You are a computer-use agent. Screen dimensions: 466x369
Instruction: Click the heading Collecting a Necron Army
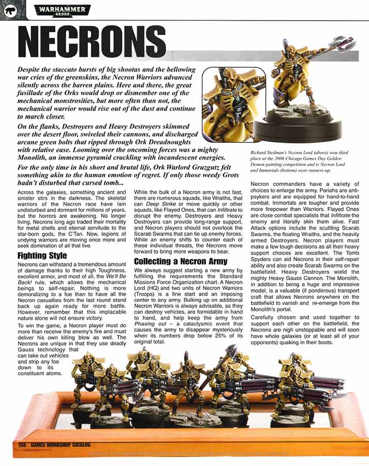tap(181, 261)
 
